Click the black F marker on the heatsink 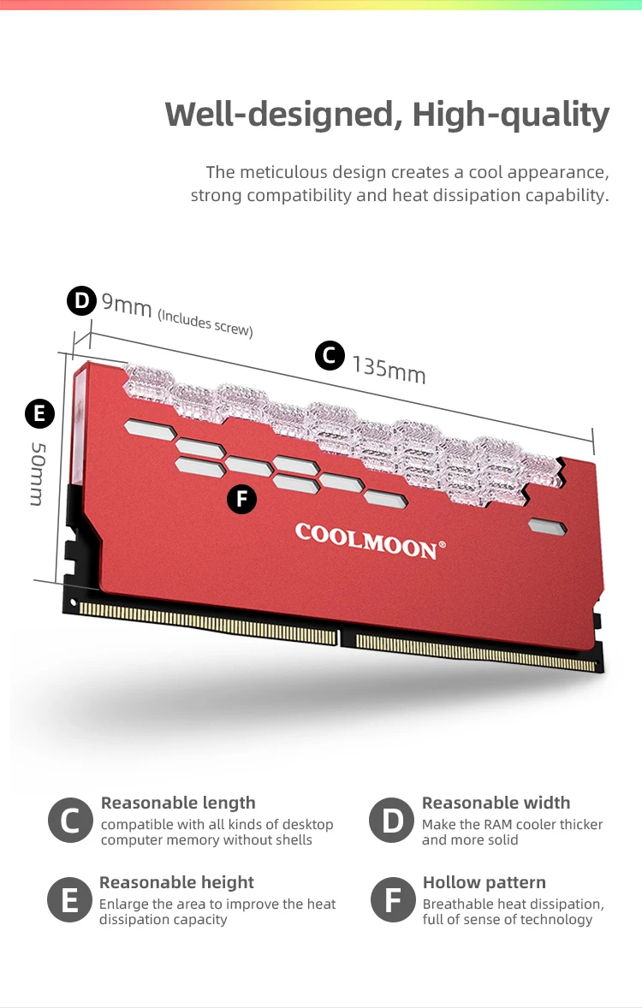(242, 500)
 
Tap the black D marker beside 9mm (81, 300)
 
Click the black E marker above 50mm (39, 414)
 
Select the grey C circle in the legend (70, 821)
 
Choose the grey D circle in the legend (391, 821)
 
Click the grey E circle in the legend (69, 900)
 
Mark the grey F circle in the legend (393, 900)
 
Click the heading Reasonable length (178, 803)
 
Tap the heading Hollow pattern (484, 882)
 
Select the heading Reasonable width (496, 803)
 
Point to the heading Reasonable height (176, 882)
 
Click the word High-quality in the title (511, 114)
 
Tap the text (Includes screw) (205, 322)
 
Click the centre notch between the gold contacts (346, 637)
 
